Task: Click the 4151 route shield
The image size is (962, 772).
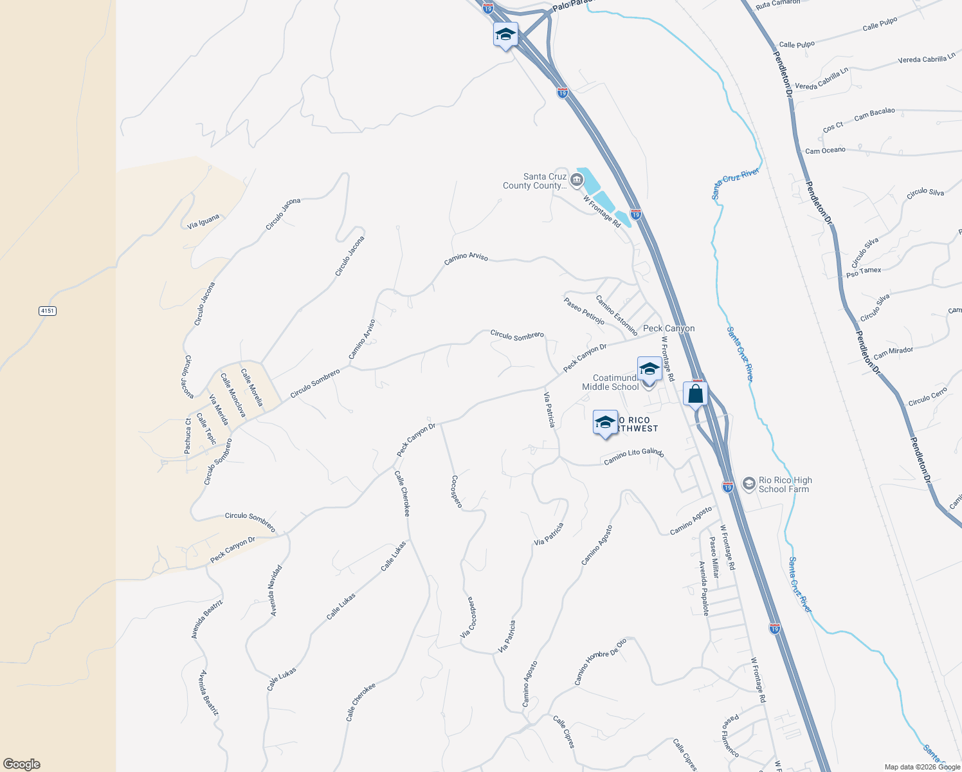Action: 48,311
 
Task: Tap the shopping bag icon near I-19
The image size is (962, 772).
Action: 696,394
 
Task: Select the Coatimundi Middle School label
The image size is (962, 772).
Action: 611,382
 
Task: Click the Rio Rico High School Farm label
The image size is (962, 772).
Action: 785,484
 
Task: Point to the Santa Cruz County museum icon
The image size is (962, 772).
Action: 577,181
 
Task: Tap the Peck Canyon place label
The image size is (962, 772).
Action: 669,328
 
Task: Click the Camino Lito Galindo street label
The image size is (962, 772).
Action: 633,455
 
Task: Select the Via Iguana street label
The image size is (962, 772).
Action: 203,221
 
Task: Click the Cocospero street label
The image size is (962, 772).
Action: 456,492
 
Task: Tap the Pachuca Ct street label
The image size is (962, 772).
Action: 188,436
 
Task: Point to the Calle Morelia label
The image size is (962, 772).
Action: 251,387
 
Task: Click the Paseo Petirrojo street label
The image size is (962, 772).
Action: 584,310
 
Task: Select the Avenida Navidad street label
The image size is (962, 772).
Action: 276,591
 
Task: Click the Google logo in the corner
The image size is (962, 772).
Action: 22,764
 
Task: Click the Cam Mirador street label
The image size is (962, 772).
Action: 893,353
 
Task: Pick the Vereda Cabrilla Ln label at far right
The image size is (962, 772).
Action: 926,59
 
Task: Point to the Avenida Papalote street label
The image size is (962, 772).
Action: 704,588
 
